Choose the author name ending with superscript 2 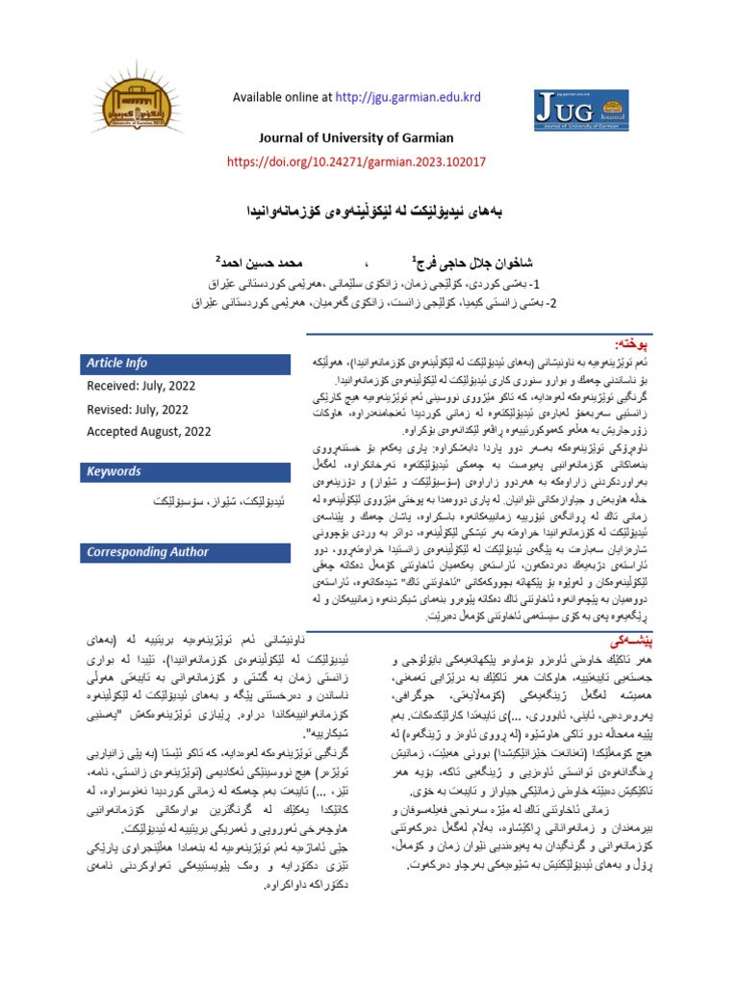pyautogui.click(x=266, y=262)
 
